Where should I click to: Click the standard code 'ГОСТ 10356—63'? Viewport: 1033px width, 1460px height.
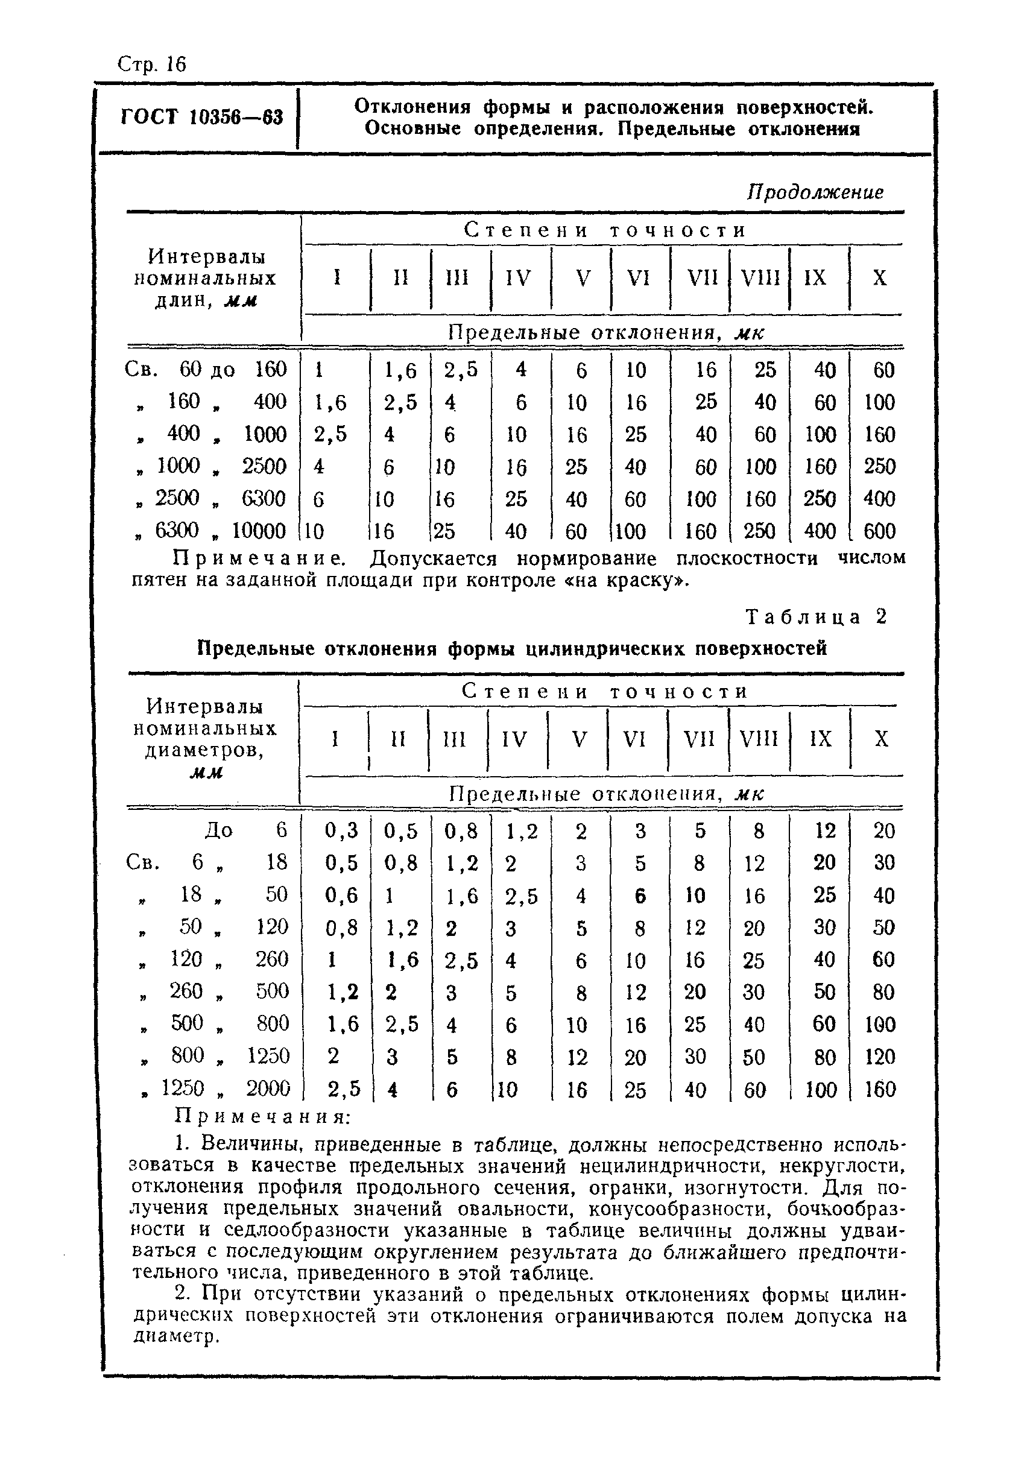pyautogui.click(x=201, y=117)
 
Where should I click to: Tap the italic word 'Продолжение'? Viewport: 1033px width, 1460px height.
pyautogui.click(x=815, y=192)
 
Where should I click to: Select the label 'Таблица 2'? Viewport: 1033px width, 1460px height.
pyautogui.click(x=816, y=616)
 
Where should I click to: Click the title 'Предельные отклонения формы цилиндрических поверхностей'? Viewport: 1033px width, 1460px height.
pyautogui.click(x=512, y=648)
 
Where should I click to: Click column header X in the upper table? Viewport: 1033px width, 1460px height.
pyautogui.click(x=879, y=278)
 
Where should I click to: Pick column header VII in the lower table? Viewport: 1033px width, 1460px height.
pyautogui.click(x=698, y=739)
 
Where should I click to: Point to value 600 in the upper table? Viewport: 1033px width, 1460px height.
pyautogui.click(x=880, y=531)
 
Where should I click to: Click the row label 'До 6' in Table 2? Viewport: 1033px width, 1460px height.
pyautogui.click(x=245, y=830)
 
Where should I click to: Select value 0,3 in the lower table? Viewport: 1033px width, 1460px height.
pyautogui.click(x=341, y=830)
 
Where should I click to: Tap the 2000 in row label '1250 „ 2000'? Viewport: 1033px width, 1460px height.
pyautogui.click(x=268, y=1089)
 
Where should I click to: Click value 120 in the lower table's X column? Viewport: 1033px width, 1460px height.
pyautogui.click(x=880, y=1057)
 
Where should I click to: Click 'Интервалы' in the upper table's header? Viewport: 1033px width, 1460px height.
pyautogui.click(x=206, y=256)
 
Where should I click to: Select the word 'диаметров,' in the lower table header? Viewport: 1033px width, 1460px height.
pyautogui.click(x=204, y=751)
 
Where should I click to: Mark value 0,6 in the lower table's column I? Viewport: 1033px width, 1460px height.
pyautogui.click(x=341, y=895)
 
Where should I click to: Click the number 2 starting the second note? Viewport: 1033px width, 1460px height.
pyautogui.click(x=183, y=1294)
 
